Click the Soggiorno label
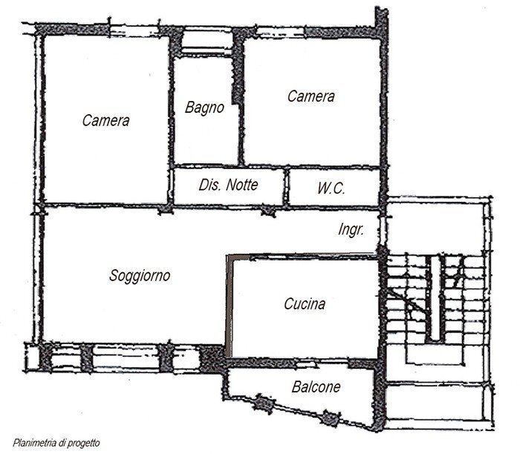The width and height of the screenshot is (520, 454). (140, 276)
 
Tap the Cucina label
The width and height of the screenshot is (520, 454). (305, 303)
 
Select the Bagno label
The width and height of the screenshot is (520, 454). (204, 108)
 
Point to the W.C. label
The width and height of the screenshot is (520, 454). (331, 188)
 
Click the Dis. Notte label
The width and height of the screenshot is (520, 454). (229, 185)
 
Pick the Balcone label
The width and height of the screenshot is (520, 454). (316, 386)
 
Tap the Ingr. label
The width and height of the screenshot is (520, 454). (351, 230)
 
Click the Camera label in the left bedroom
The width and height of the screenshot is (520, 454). (105, 120)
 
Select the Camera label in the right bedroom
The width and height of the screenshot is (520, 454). (311, 96)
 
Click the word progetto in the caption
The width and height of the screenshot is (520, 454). (84, 444)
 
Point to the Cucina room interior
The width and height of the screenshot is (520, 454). (305, 326)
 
